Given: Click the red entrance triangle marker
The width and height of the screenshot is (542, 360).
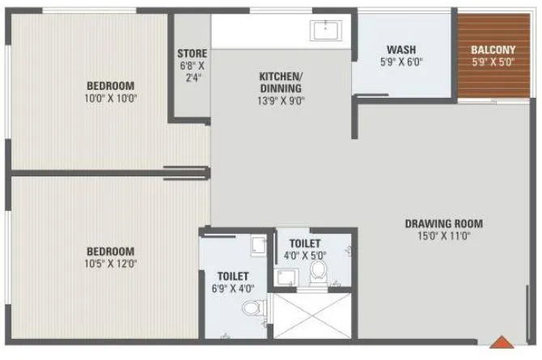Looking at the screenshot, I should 502,345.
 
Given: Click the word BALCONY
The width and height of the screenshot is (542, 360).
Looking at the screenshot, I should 493,49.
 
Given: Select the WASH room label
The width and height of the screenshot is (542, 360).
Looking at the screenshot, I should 401,49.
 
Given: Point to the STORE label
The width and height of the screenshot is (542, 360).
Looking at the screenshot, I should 192,54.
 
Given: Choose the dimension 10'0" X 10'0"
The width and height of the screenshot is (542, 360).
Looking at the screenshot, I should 112,99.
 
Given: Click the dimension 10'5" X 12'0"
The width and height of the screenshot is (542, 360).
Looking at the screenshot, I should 112,263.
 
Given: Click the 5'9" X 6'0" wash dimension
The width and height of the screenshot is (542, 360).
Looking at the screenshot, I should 401,61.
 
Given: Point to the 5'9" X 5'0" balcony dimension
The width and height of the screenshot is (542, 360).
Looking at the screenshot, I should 493,61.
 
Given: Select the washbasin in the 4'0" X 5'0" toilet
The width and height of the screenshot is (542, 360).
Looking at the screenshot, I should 286,277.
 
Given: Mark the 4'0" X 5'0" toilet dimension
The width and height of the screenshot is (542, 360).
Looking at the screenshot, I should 305,256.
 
